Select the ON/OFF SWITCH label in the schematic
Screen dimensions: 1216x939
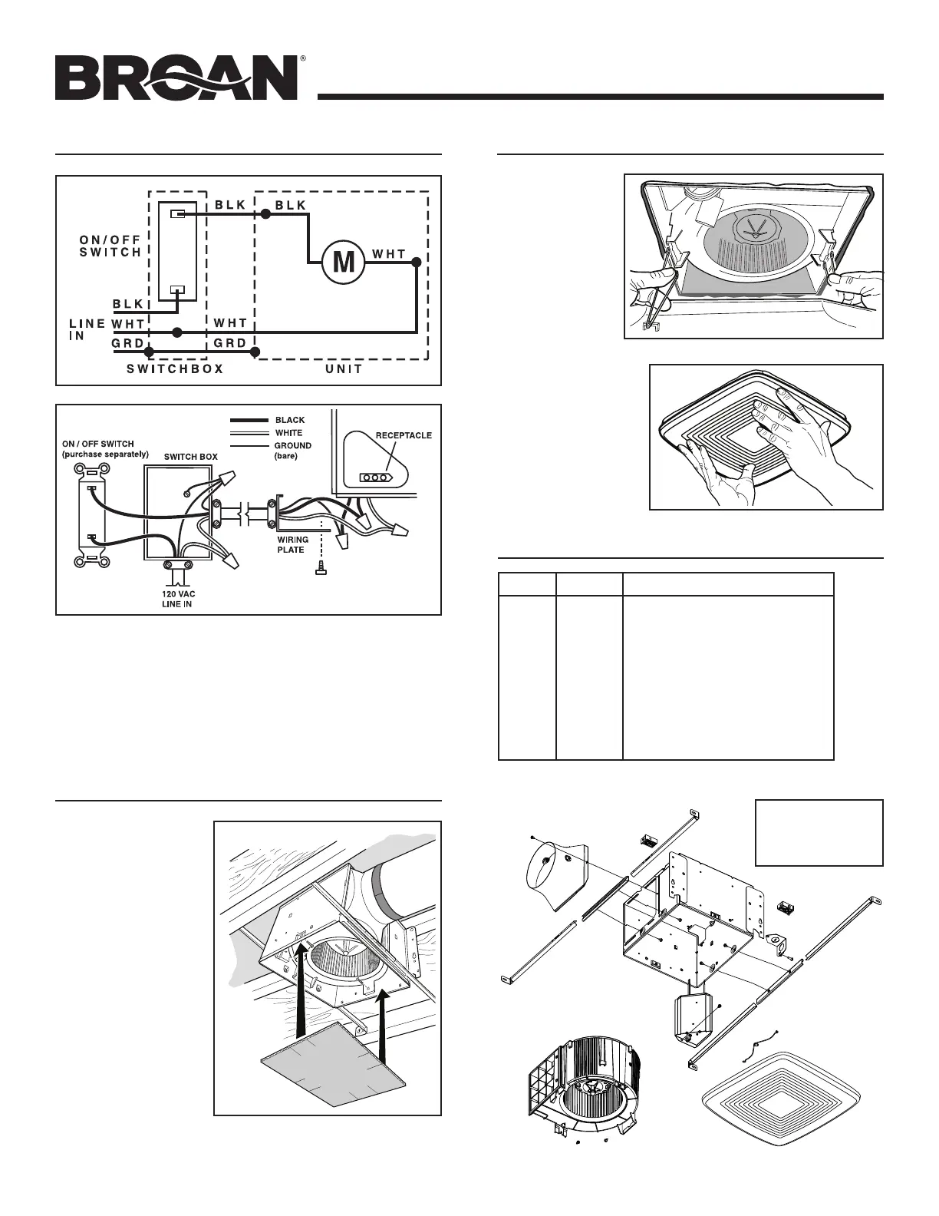pos(111,246)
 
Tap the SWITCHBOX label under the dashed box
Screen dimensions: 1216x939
pos(175,369)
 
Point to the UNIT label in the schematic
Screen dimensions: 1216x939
pos(344,369)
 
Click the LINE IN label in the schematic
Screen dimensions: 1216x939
pos(86,330)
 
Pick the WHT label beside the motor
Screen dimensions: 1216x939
pos(389,253)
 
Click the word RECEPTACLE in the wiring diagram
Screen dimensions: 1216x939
pos(403,435)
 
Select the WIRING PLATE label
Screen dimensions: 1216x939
pos(292,544)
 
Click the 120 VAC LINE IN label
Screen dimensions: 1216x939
pos(176,599)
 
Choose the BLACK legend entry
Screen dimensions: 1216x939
pos(289,420)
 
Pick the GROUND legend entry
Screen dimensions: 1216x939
pos(292,445)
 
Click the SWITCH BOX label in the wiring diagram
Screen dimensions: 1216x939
pos(191,457)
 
